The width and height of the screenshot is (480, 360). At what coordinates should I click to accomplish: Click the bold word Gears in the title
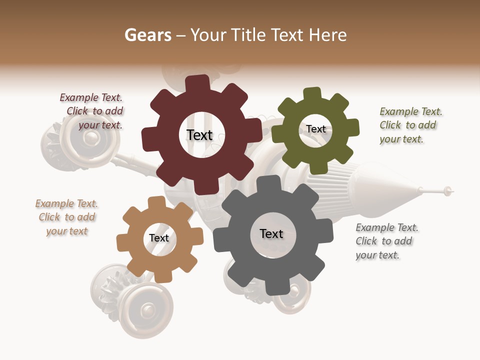[148, 35]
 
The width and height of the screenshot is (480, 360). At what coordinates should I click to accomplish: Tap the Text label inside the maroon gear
[199, 135]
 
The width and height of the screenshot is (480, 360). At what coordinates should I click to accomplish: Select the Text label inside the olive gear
[316, 129]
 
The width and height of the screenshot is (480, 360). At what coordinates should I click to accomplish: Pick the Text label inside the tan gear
[159, 238]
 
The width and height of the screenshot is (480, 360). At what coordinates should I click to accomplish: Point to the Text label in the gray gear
[271, 233]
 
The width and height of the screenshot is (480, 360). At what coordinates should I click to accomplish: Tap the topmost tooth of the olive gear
[312, 93]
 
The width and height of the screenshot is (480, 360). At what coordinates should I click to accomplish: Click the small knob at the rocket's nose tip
[448, 190]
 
